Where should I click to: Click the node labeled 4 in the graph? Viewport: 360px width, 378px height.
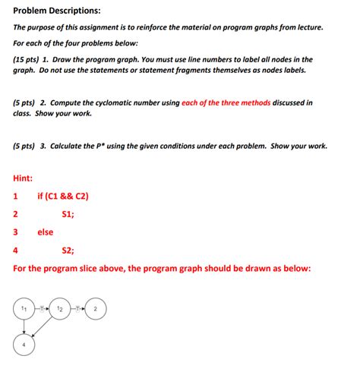click(x=24, y=343)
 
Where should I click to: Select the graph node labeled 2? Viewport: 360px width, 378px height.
click(x=95, y=309)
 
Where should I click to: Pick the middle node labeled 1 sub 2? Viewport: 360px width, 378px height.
click(x=59, y=309)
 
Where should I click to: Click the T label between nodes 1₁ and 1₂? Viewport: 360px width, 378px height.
click(x=42, y=309)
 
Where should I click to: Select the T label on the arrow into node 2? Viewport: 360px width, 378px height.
click(x=77, y=309)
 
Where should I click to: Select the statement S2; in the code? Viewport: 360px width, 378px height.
click(x=68, y=250)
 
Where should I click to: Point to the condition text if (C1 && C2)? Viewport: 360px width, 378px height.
click(x=63, y=196)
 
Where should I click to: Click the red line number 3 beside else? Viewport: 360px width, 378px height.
click(x=16, y=232)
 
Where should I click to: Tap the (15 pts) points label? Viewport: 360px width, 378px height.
click(x=27, y=59)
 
